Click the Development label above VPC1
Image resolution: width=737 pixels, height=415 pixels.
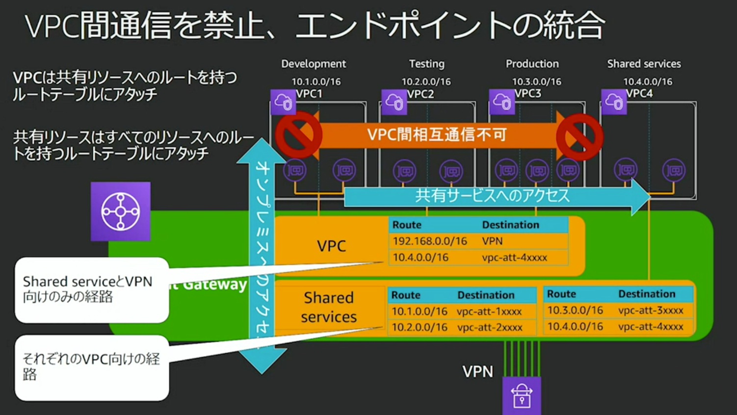point(313,64)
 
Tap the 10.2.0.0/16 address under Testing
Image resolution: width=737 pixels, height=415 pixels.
point(426,81)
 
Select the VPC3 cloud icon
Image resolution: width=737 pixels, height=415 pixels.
point(502,102)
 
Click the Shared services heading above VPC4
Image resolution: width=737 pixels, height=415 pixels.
point(644,64)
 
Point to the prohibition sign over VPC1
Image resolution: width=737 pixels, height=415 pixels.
point(298,135)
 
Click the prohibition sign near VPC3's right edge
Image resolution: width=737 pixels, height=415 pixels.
point(579,137)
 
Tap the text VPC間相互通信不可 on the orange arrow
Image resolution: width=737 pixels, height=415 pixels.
point(436,134)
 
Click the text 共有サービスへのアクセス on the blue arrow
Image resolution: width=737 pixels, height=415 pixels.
point(492,196)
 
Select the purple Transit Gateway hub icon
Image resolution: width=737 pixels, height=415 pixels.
point(121,211)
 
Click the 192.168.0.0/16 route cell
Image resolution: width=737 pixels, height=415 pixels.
point(429,241)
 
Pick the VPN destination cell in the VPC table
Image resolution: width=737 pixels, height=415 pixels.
point(492,241)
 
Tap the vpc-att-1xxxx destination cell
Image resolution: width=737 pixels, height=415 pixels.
point(489,311)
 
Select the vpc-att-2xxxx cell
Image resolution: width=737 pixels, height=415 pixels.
point(489,327)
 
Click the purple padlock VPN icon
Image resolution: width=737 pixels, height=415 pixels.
point(521,395)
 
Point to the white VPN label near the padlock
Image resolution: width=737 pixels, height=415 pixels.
point(477,372)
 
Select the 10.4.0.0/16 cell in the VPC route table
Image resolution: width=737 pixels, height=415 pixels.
point(421,257)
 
